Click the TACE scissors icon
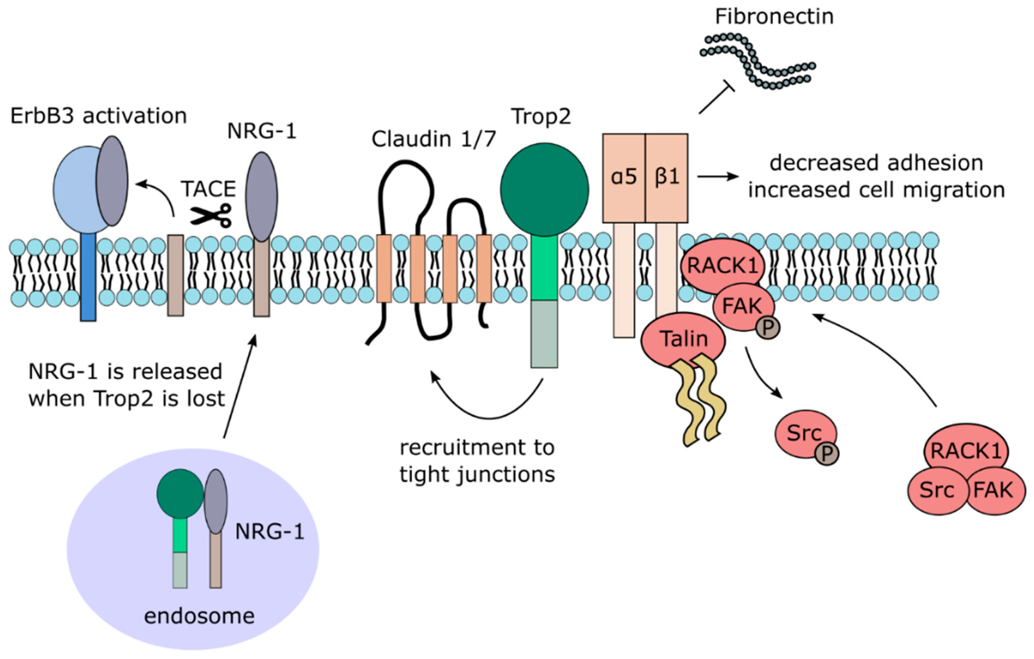tap(211, 215)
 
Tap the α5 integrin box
tap(624, 178)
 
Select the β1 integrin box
tap(666, 178)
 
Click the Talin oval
tap(683, 339)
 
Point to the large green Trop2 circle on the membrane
tap(544, 190)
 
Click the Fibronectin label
tap(774, 17)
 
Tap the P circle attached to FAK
tap(768, 328)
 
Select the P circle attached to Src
tap(827, 454)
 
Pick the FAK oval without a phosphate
tap(992, 490)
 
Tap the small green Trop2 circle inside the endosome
tap(180, 494)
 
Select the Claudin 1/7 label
tap(434, 139)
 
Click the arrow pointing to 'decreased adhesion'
tap(718, 177)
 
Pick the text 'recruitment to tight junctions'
tap(477, 461)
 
